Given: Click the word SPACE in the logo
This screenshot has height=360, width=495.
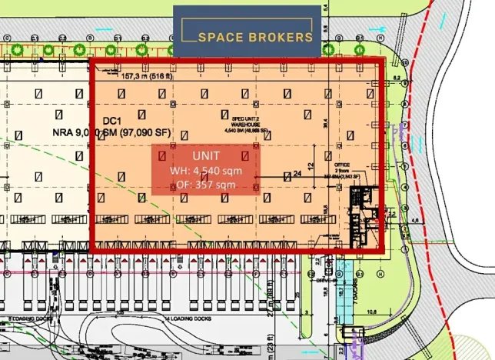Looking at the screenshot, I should click(x=218, y=36).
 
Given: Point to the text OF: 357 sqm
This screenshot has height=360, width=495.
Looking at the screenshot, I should click(x=204, y=185).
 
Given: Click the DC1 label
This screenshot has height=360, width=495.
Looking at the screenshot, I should click(x=113, y=122).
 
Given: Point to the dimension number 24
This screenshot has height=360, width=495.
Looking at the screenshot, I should click(x=297, y=174).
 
